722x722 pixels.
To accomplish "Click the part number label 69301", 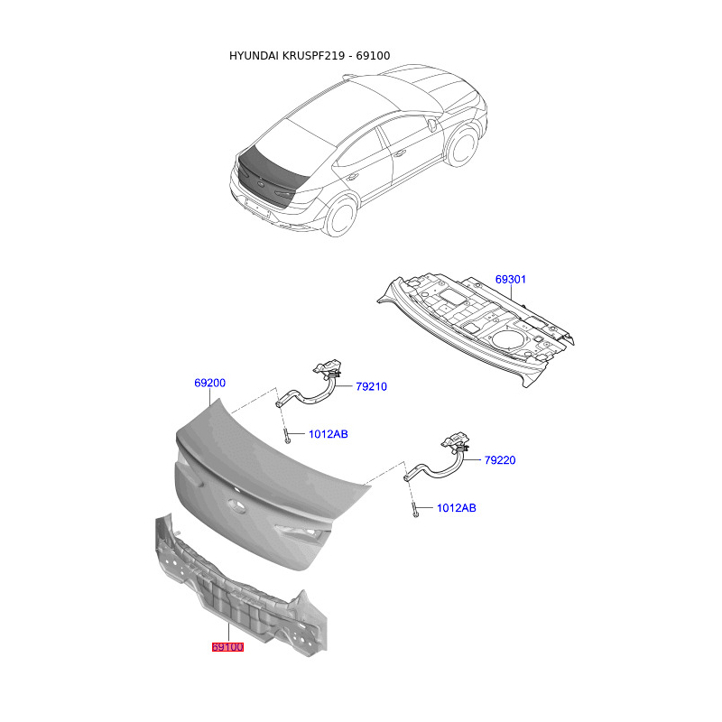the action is pos(510,280).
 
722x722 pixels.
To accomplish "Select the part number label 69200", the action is pos(209,384).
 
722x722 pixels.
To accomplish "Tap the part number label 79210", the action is pos(370,387).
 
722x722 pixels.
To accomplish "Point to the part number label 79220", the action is pos(499,460).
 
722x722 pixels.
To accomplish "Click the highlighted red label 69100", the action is pos(227,646).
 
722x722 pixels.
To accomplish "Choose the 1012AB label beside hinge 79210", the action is pos(329,434).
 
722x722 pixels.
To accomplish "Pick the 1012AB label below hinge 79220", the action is pos(456,508).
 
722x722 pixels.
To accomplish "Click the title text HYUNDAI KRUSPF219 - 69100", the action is pos(309,56).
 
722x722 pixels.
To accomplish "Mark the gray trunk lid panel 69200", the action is pos(271,469).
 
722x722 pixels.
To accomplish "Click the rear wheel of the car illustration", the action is pos(342,218).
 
